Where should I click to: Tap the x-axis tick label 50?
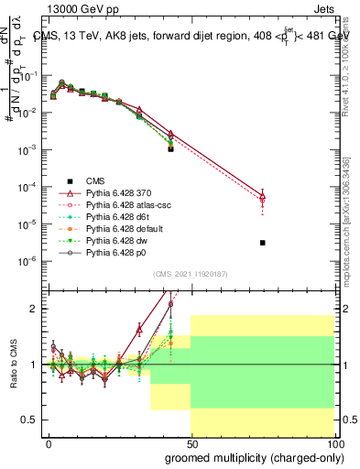pyautogui.click(x=191, y=442)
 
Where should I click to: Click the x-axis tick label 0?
pyautogui.click(x=49, y=442)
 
